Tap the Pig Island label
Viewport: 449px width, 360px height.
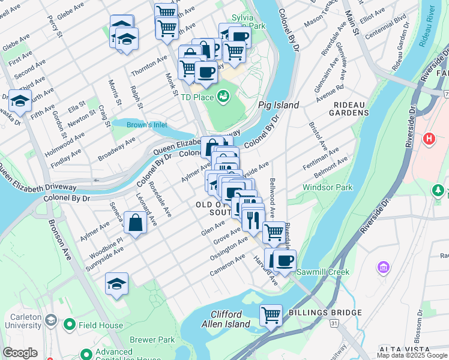click(x=279, y=105)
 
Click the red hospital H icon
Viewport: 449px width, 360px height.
click(x=429, y=139)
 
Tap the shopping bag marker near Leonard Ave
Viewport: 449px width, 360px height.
click(x=136, y=223)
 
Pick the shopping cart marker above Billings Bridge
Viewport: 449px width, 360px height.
click(x=271, y=314)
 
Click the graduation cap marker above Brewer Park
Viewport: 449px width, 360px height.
click(x=117, y=284)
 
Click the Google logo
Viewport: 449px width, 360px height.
click(x=20, y=353)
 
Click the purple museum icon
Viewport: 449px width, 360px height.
click(x=382, y=266)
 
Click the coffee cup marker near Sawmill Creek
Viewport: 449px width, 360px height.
click(x=285, y=261)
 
